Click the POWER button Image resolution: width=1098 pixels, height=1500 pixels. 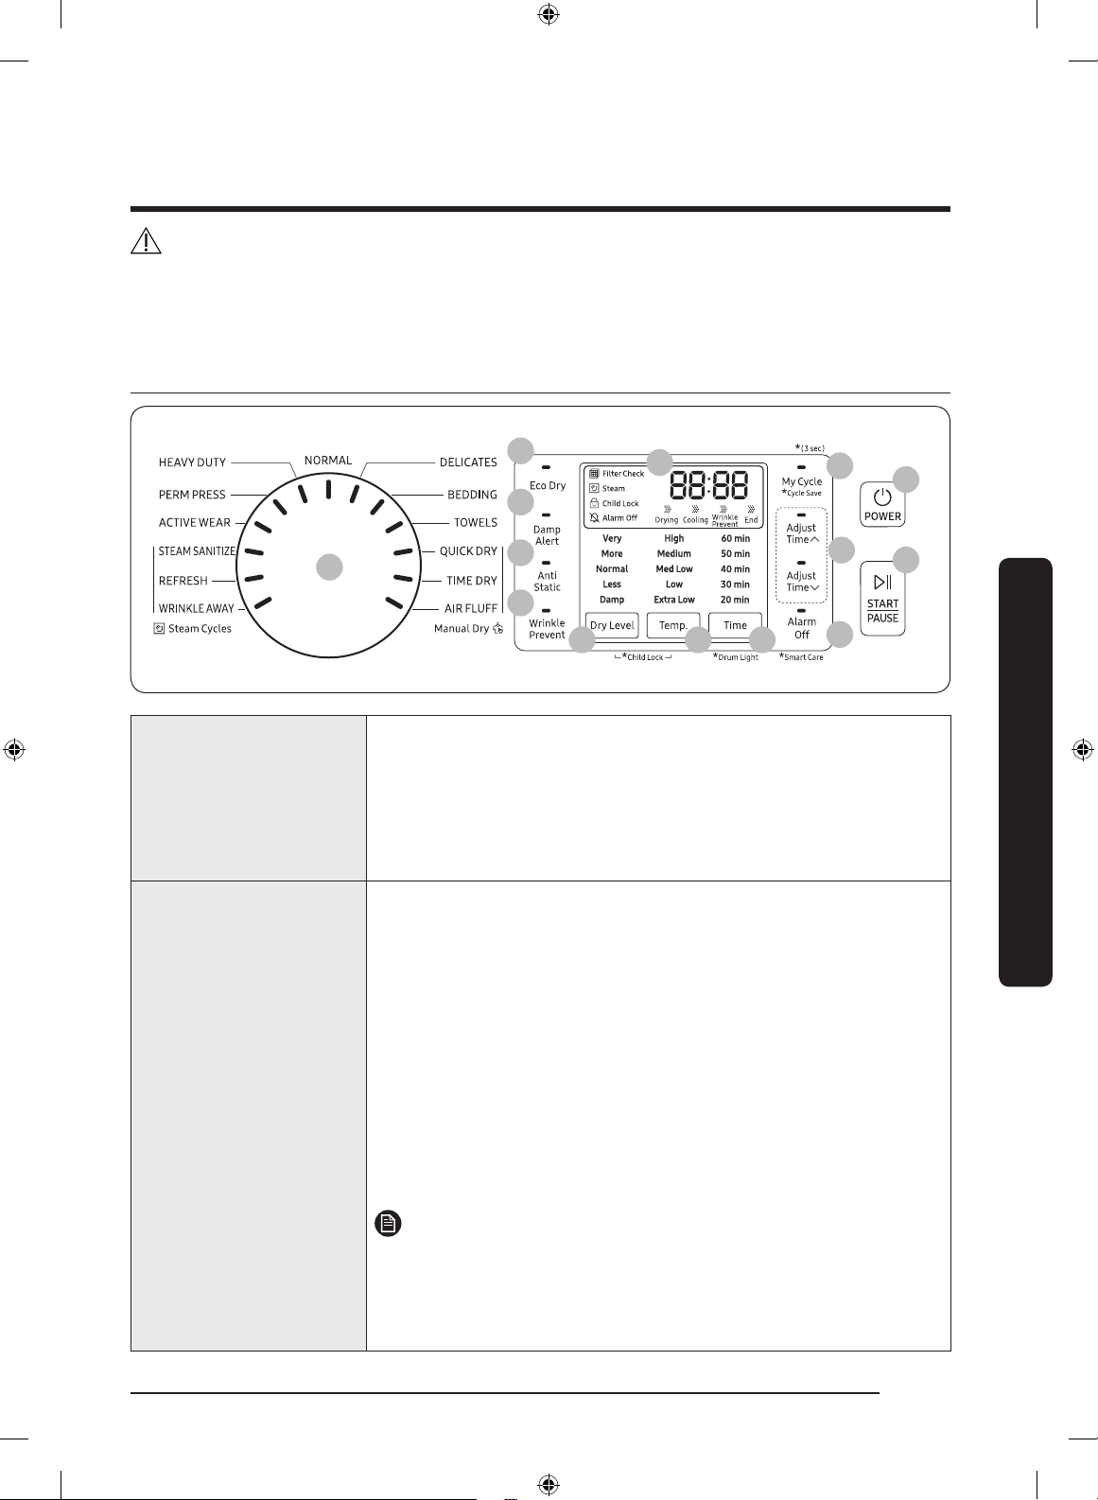click(882, 504)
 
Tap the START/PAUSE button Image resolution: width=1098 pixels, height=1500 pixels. click(882, 598)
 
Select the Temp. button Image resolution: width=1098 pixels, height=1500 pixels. click(672, 625)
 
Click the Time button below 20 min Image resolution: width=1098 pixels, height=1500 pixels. click(735, 625)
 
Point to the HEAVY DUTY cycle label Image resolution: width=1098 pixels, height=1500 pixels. click(192, 462)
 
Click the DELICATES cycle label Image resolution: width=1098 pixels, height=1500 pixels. click(468, 462)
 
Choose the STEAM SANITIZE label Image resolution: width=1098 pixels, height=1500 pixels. click(197, 551)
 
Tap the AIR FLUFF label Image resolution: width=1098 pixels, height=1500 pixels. click(471, 608)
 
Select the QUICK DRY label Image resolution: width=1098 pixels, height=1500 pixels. click(468, 551)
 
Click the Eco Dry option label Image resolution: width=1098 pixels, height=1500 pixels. click(548, 485)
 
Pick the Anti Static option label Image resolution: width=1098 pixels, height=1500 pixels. click(547, 582)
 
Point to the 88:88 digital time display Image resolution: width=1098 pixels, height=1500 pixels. click(709, 485)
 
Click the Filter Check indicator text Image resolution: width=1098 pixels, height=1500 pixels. click(622, 474)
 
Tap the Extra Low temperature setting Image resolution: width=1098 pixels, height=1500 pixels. click(674, 600)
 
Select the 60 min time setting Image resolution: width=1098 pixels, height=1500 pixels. click(735, 538)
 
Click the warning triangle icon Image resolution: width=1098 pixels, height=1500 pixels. click(146, 242)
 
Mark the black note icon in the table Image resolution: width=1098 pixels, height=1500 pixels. click(388, 1224)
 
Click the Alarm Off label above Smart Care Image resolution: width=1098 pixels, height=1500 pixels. click(801, 628)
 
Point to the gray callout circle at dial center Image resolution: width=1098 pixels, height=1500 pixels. click(329, 567)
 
